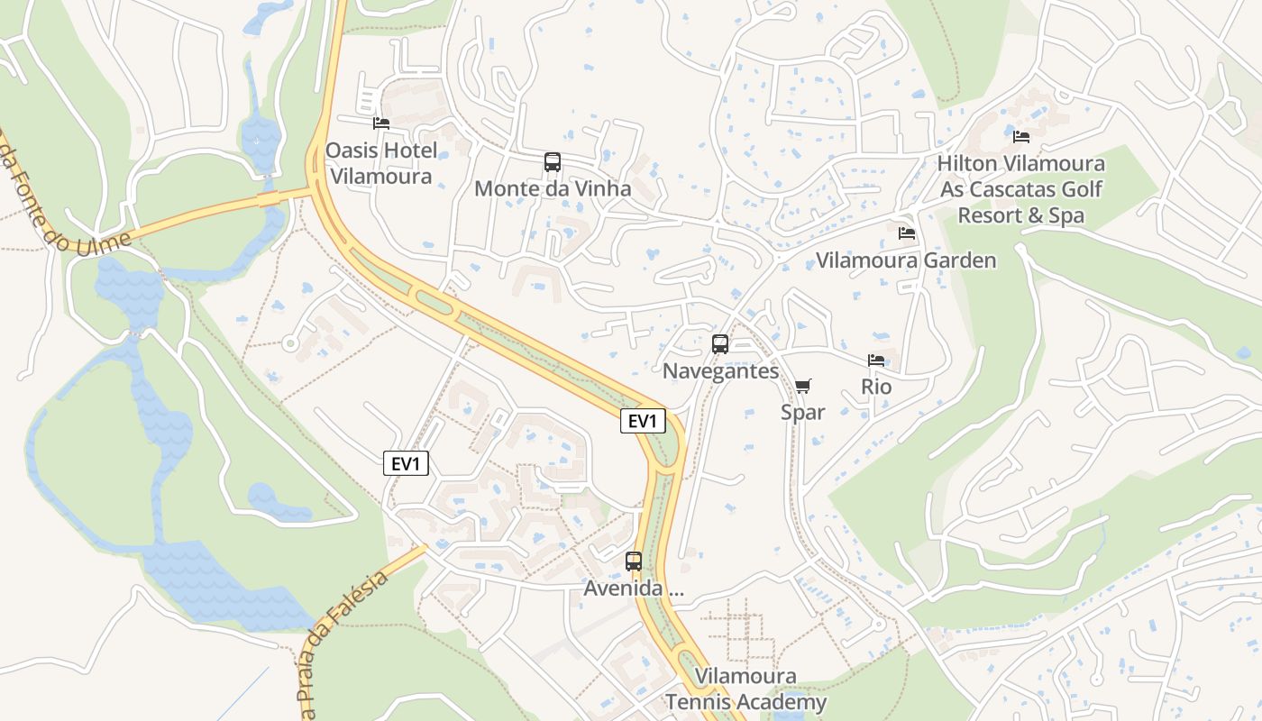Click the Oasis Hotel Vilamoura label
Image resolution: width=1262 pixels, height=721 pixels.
pyautogui.click(x=380, y=163)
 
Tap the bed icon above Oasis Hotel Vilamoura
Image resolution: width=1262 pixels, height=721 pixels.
pyautogui.click(x=381, y=123)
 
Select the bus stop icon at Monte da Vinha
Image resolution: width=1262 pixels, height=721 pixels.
pyautogui.click(x=553, y=162)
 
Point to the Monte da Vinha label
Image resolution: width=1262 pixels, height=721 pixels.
pyautogui.click(x=553, y=189)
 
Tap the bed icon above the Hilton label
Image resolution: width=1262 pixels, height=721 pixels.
pyautogui.click(x=1021, y=137)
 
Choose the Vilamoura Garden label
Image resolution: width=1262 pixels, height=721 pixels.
pyautogui.click(x=906, y=260)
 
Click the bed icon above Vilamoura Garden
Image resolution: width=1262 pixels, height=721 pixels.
pyautogui.click(x=907, y=233)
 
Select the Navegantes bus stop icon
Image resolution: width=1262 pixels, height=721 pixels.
pyautogui.click(x=720, y=343)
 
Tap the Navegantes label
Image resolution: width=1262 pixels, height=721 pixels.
pyautogui.click(x=720, y=370)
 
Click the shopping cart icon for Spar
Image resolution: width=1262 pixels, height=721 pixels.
pyautogui.click(x=802, y=386)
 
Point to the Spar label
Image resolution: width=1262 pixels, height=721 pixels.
pyautogui.click(x=802, y=412)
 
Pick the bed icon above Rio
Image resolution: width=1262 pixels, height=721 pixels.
pyautogui.click(x=876, y=360)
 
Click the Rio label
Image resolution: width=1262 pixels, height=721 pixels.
pyautogui.click(x=876, y=387)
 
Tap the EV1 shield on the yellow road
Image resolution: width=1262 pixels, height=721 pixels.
pyautogui.click(x=643, y=421)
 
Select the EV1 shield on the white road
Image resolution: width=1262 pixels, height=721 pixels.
pyautogui.click(x=406, y=463)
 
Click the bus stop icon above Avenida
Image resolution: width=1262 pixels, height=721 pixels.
pyautogui.click(x=634, y=561)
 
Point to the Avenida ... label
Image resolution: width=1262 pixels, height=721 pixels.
pyautogui.click(x=634, y=589)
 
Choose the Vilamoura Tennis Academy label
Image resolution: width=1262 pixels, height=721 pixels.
pyautogui.click(x=745, y=689)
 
